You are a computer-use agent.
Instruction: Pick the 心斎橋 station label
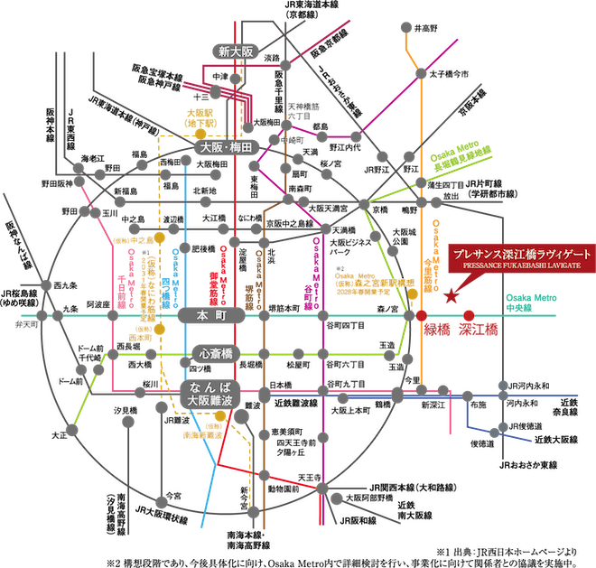217,352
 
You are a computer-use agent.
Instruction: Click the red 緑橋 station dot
422,315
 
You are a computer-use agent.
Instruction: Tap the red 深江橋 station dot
469,315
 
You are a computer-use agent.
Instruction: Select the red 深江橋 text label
478,331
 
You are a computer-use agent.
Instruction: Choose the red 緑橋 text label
437,331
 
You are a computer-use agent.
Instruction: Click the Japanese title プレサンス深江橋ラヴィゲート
523,256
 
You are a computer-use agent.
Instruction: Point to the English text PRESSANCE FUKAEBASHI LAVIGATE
523,267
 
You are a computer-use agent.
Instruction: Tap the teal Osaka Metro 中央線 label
532,303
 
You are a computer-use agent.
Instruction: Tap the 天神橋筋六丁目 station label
298,112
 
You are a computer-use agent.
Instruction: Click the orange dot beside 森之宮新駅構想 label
412,293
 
